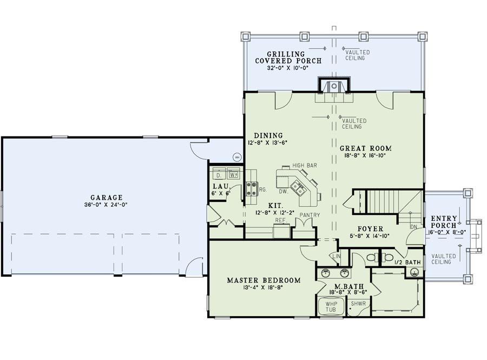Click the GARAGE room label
[x=106, y=198]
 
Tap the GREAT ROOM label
[x=365, y=148]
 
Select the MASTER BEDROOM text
[x=263, y=280]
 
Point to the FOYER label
[x=370, y=228]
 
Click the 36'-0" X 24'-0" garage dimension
[x=106, y=205]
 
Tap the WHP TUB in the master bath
[x=331, y=306]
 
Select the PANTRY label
[x=306, y=215]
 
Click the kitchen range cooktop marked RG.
[x=252, y=188]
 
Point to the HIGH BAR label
[x=304, y=165]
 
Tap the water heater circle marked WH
[x=236, y=157]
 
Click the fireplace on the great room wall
[x=334, y=87]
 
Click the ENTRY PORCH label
[x=444, y=222]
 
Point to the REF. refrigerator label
[x=280, y=220]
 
